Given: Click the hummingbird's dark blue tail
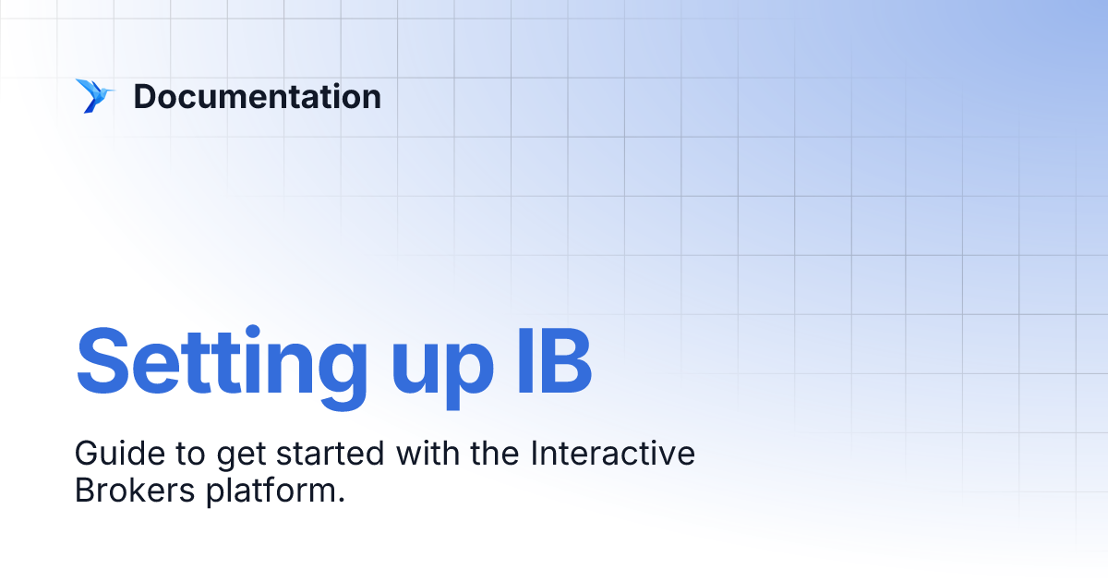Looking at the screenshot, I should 90,106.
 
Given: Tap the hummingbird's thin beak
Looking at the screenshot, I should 111,90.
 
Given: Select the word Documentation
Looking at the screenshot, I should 257,96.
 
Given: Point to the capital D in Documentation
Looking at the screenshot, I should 144,96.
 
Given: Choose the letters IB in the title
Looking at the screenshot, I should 552,358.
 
